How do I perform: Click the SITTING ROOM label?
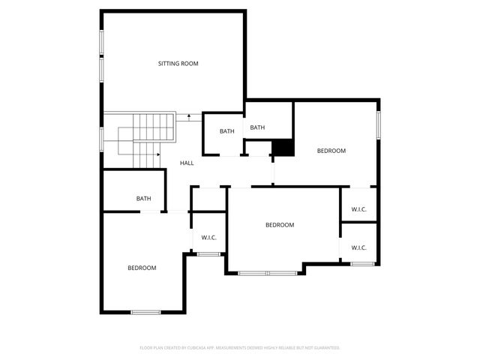(178, 64)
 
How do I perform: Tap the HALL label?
(187, 163)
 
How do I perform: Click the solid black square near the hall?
(282, 148)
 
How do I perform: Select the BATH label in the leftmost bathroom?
(143, 199)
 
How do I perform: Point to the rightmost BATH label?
(257, 127)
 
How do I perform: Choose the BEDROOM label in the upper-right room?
(331, 151)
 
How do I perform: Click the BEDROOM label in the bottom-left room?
(141, 268)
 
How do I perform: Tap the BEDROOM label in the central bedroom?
(280, 225)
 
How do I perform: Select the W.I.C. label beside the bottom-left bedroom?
(208, 238)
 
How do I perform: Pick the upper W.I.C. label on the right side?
(358, 209)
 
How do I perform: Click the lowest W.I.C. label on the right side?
(358, 247)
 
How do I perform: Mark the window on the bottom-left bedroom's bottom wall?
(145, 312)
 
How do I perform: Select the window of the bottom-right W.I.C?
(362, 263)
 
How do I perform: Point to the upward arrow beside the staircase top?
(189, 116)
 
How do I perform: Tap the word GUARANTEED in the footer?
(325, 348)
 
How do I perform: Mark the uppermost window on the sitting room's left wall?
(102, 42)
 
